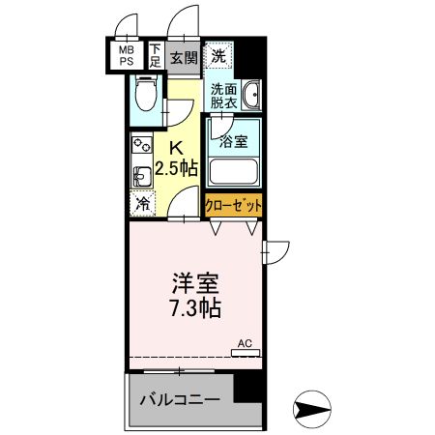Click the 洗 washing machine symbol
click(x=219, y=55)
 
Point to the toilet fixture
click(x=145, y=94)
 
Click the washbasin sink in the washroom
click(x=251, y=96)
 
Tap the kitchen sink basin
click(x=140, y=176)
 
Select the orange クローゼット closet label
click(x=233, y=205)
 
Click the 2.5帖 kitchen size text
click(x=178, y=167)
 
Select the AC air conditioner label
click(x=245, y=343)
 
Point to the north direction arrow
click(x=315, y=409)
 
